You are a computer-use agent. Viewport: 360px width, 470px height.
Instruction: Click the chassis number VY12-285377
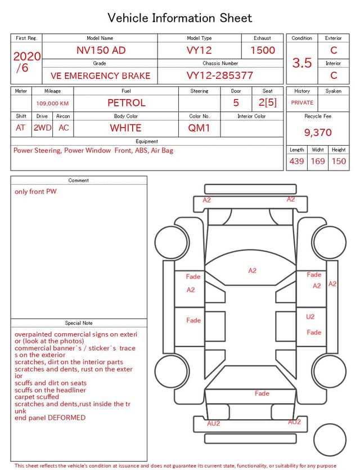pyautogui.click(x=220, y=75)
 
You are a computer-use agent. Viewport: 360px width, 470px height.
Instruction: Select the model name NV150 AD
pyautogui.click(x=101, y=50)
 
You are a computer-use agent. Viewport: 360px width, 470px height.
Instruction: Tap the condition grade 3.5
pyautogui.click(x=302, y=62)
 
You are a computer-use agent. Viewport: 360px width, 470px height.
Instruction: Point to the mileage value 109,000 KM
pyautogui.click(x=52, y=104)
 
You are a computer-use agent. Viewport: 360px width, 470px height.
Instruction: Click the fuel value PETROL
pyautogui.click(x=127, y=103)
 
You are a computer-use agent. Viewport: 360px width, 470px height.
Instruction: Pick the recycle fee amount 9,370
pyautogui.click(x=318, y=132)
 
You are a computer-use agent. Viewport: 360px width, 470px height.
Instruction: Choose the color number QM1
pyautogui.click(x=199, y=128)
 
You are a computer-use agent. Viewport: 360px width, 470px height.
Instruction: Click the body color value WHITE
pyautogui.click(x=125, y=128)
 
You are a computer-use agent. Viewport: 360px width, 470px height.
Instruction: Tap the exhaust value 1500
pyautogui.click(x=263, y=50)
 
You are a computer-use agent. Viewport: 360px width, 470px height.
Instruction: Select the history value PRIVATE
pyautogui.click(x=302, y=102)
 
